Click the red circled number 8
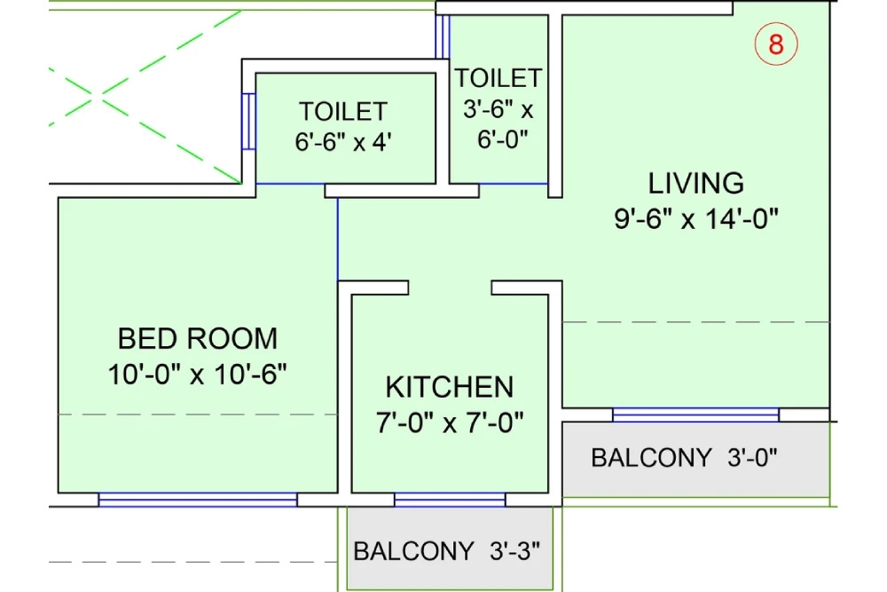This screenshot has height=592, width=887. (x=776, y=44)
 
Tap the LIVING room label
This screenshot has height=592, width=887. (x=696, y=184)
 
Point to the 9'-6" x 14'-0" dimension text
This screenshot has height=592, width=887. (x=696, y=218)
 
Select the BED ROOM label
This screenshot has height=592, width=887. (x=198, y=338)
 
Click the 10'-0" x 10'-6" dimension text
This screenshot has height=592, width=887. (x=198, y=374)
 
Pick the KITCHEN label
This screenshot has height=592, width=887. (x=449, y=387)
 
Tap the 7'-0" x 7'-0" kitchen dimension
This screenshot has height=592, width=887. (x=449, y=422)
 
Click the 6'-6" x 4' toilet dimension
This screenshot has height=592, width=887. (x=343, y=143)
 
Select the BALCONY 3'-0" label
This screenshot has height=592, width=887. (x=684, y=458)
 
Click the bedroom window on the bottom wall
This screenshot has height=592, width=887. (x=198, y=500)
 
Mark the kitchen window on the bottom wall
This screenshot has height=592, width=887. (x=450, y=500)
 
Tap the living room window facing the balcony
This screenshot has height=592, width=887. (x=696, y=414)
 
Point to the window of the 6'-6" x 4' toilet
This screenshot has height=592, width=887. (x=249, y=122)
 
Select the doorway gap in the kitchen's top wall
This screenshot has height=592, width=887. (x=450, y=288)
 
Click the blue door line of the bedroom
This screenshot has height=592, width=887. (x=338, y=239)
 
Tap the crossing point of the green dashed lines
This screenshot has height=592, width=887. (x=104, y=92)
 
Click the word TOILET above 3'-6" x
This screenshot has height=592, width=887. (x=498, y=78)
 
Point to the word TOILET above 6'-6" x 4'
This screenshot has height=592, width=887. (x=343, y=112)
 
